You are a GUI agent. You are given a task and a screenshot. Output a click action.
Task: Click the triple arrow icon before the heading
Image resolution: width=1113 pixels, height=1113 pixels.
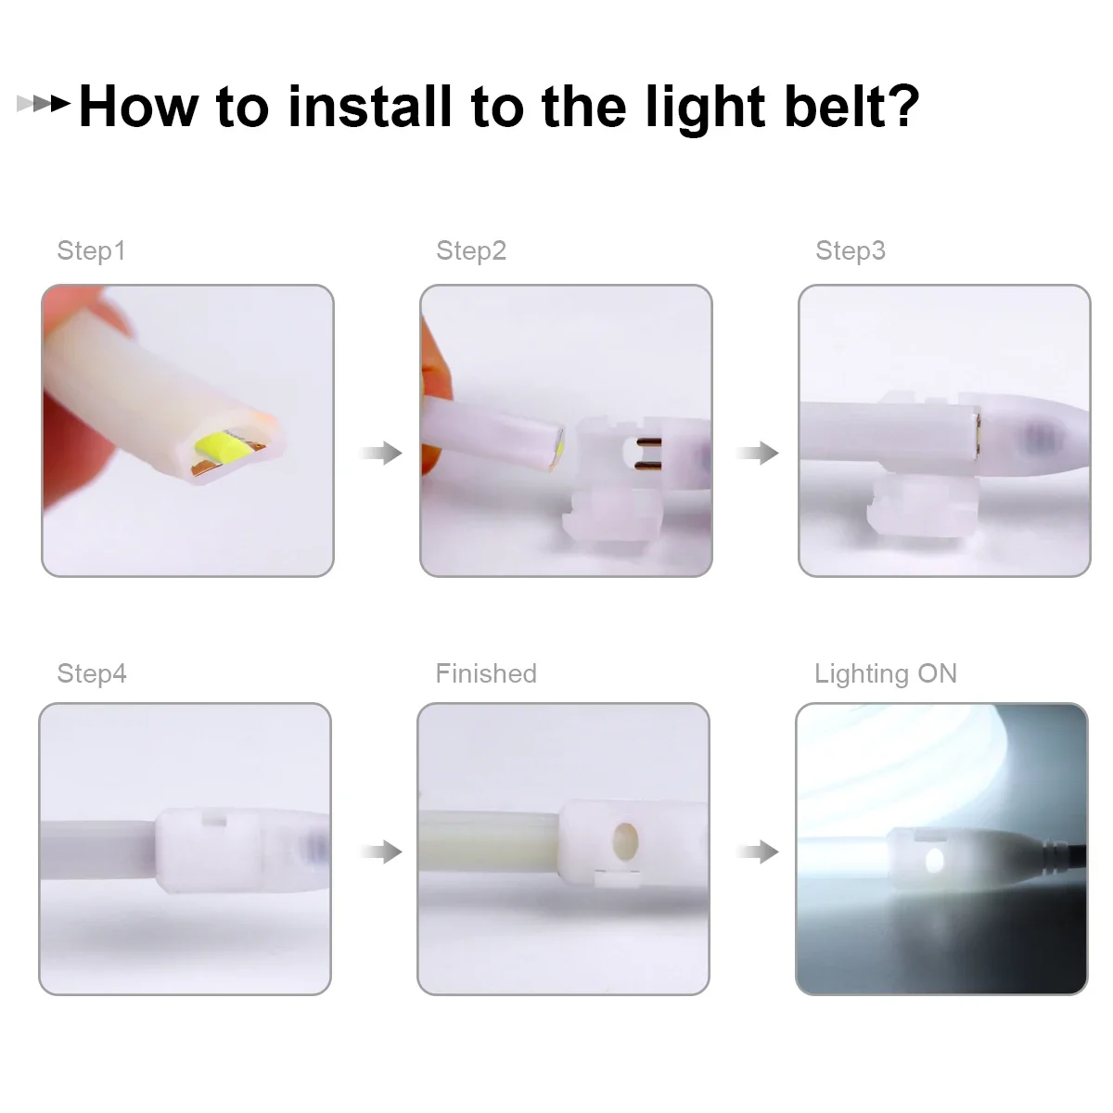(44, 104)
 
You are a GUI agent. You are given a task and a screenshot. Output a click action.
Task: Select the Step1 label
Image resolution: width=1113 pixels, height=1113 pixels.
(91, 250)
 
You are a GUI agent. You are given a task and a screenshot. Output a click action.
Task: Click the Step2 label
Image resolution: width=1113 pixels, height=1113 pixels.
(471, 250)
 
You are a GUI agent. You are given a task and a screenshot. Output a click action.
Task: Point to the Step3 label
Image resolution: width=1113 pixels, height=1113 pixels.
(851, 250)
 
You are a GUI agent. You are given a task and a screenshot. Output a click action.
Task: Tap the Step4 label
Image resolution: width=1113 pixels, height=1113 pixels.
(92, 673)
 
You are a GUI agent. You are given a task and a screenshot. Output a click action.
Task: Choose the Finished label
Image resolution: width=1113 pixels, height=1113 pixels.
(486, 673)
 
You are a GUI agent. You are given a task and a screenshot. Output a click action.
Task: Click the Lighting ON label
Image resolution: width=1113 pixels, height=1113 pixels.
(885, 673)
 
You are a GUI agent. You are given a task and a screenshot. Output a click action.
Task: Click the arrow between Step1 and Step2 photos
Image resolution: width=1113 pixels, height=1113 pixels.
(380, 454)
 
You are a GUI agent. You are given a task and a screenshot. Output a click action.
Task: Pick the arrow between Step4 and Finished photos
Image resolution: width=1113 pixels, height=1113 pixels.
(380, 851)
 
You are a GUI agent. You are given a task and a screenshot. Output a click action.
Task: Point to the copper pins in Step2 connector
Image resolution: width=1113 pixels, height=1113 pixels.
(646, 454)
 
